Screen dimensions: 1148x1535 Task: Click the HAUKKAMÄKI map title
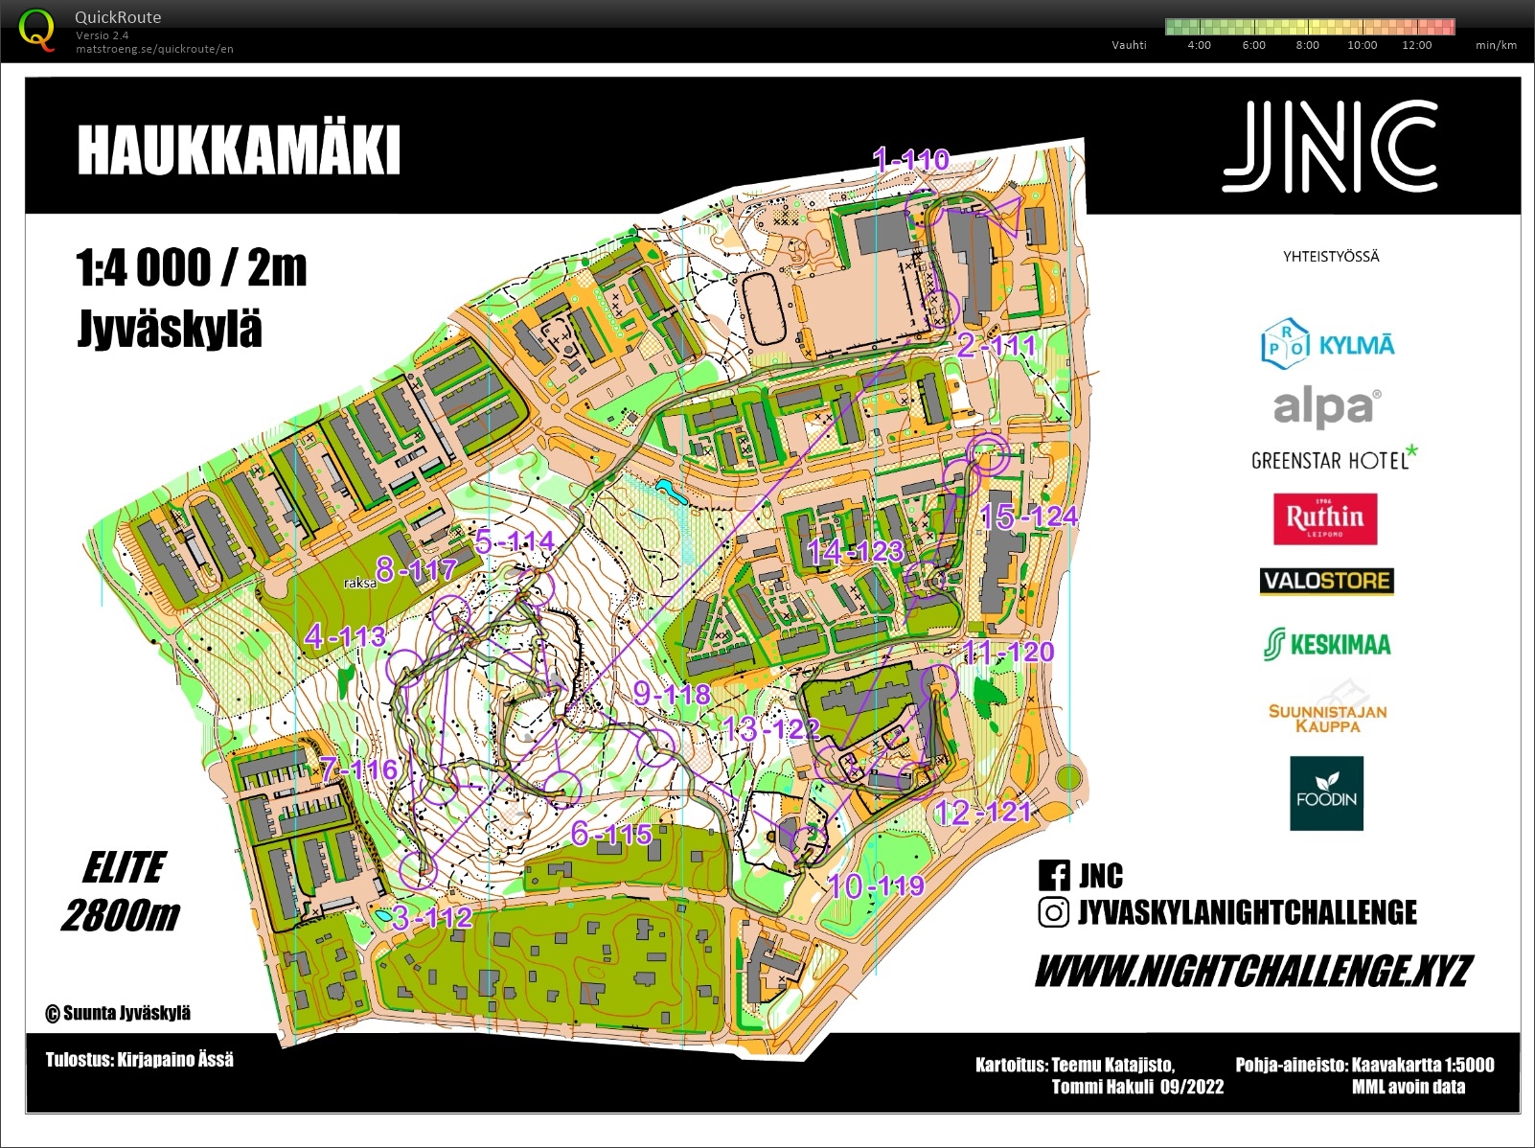(238, 150)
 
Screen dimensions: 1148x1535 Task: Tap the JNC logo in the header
(1329, 147)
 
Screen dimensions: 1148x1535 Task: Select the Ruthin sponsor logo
(1325, 518)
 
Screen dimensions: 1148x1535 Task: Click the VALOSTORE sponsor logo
(1326, 581)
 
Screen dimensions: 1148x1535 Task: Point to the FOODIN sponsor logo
(1326, 793)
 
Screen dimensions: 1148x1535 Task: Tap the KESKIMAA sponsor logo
(1327, 644)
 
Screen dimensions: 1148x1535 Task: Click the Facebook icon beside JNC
(1054, 875)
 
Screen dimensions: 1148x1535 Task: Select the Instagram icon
(1054, 912)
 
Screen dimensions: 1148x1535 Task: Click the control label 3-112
(432, 917)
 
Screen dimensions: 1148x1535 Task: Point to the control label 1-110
(910, 159)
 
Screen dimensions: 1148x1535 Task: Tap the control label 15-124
(1028, 517)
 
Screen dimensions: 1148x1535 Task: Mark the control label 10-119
(875, 885)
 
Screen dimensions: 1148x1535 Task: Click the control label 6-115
(611, 834)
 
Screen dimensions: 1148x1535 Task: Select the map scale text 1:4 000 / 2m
(192, 268)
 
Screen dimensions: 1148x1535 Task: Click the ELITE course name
(124, 867)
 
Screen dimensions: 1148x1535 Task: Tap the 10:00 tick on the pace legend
(1362, 45)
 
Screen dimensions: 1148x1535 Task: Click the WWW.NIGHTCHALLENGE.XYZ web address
(1252, 972)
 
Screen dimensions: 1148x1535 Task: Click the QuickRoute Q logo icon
(36, 29)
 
